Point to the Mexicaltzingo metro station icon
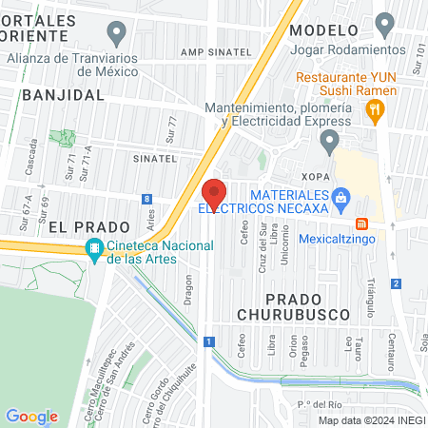361,224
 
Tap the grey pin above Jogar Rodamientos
385,23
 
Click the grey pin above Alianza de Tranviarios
117,36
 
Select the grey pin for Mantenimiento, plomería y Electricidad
329,143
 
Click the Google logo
31,416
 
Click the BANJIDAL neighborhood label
61,95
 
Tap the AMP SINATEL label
215,52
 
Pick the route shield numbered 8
146,199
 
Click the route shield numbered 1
208,340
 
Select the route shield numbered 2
395,282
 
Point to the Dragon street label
188,288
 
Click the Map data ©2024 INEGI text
371,419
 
